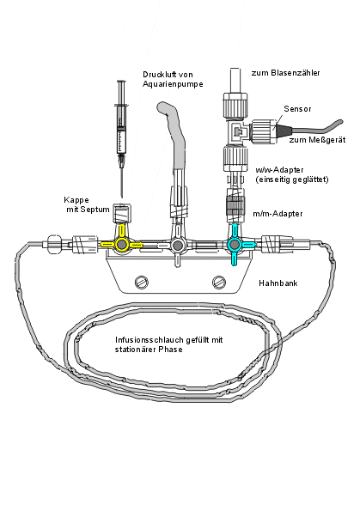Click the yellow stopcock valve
coord(122,244)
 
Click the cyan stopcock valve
coord(235,244)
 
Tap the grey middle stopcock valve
coord(178,245)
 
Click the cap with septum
coord(121,213)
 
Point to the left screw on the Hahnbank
coord(142,282)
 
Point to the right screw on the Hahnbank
coord(219,282)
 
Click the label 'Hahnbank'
coord(278,283)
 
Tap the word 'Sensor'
coord(297,109)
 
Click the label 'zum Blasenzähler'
coord(285,73)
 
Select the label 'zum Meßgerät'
coord(317,140)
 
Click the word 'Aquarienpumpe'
coord(173,84)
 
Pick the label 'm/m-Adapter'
coord(278,214)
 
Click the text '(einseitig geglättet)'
coord(292,179)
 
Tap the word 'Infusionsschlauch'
coord(149,340)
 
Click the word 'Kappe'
coord(76,200)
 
